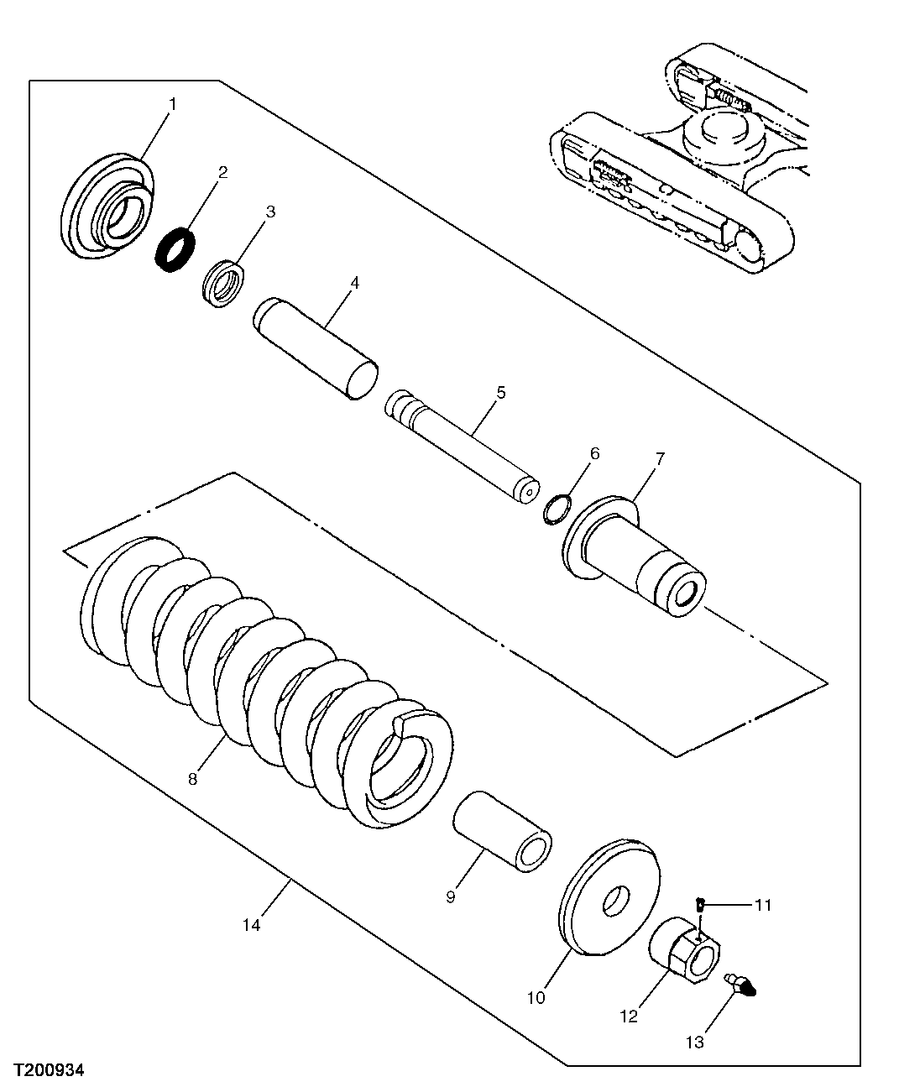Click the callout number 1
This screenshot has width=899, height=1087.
(173, 104)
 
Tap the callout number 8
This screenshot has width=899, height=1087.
(192, 779)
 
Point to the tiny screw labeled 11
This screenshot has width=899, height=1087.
(699, 904)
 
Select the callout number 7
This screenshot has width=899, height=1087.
(660, 458)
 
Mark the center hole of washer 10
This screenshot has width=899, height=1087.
(618, 901)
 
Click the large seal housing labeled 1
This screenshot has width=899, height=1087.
(107, 206)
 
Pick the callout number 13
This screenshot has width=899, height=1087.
(693, 1042)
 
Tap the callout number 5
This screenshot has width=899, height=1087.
(500, 392)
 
